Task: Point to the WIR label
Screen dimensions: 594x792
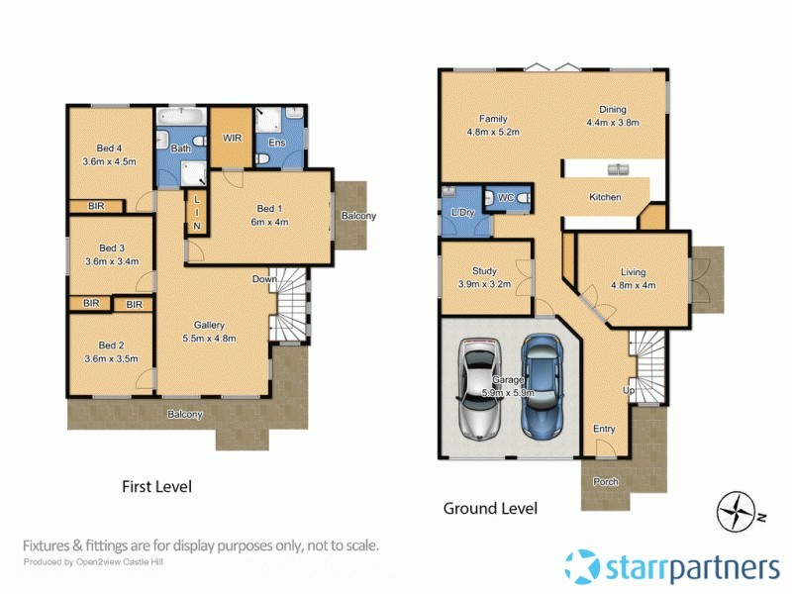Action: coord(234,138)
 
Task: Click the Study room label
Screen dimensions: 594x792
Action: coord(484,270)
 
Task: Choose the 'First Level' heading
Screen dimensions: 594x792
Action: coord(156,486)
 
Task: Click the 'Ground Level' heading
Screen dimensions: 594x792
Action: coord(490,508)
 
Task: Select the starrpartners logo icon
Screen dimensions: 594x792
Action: coord(582,566)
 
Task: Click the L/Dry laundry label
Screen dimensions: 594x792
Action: coord(461,214)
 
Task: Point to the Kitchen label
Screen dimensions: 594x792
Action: coord(605,197)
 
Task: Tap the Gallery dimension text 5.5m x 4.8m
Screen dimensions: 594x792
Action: coord(209,338)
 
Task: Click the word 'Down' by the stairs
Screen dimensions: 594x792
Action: coord(264,279)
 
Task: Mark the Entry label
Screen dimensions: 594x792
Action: coord(604,429)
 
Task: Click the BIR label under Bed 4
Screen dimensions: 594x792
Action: coord(96,206)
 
